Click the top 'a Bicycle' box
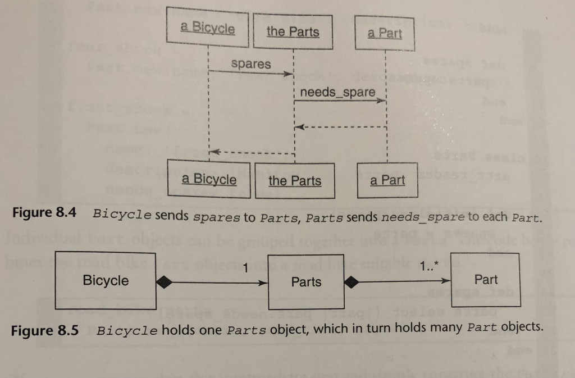[208, 28]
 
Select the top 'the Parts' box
[293, 31]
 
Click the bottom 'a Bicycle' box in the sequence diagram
[209, 179]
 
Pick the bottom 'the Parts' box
[295, 180]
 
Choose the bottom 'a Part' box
[387, 180]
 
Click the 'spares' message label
[250, 64]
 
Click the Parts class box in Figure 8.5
[306, 281]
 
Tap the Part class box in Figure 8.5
[486, 279]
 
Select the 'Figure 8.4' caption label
[43, 214]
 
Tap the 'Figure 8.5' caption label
[44, 330]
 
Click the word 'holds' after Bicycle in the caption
[176, 329]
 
